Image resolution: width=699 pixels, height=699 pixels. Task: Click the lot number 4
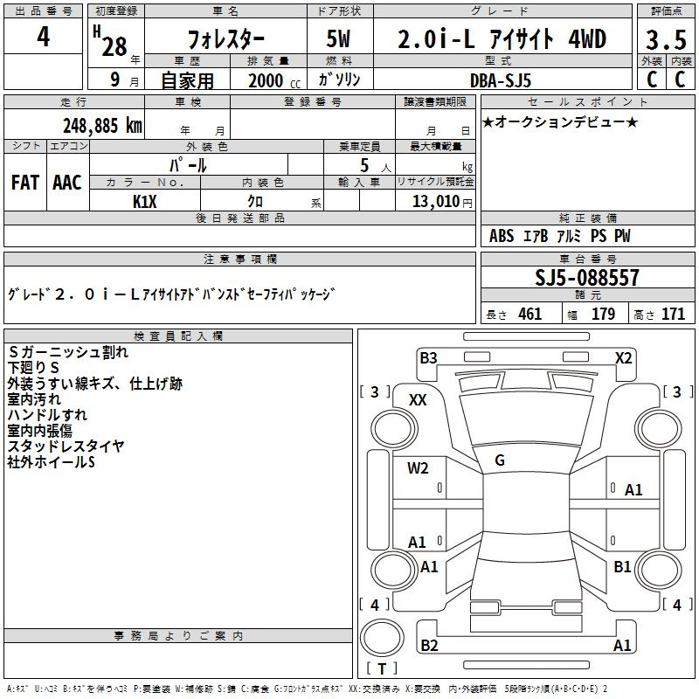(43, 37)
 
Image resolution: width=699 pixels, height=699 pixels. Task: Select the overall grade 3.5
(666, 39)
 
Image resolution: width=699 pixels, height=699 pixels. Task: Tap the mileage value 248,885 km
(102, 126)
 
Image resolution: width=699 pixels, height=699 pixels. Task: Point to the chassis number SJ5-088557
(587, 277)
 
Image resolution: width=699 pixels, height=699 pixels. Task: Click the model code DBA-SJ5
(501, 80)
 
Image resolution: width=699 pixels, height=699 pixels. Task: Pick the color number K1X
(145, 202)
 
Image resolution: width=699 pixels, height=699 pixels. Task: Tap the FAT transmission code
(25, 183)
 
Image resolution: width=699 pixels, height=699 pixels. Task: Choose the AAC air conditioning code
(67, 183)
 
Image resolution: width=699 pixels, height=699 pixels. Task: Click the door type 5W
(338, 38)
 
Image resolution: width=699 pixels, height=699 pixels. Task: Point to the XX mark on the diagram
(418, 400)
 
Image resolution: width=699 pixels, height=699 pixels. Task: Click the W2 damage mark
(418, 468)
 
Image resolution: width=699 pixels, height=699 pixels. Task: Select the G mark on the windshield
(500, 460)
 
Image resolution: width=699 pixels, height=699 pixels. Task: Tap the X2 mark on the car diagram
(624, 358)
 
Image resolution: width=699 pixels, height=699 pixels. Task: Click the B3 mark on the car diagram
(428, 358)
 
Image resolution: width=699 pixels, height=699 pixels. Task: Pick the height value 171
(673, 315)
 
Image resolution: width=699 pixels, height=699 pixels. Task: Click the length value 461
(530, 315)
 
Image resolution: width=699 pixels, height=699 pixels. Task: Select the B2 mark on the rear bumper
(429, 645)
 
